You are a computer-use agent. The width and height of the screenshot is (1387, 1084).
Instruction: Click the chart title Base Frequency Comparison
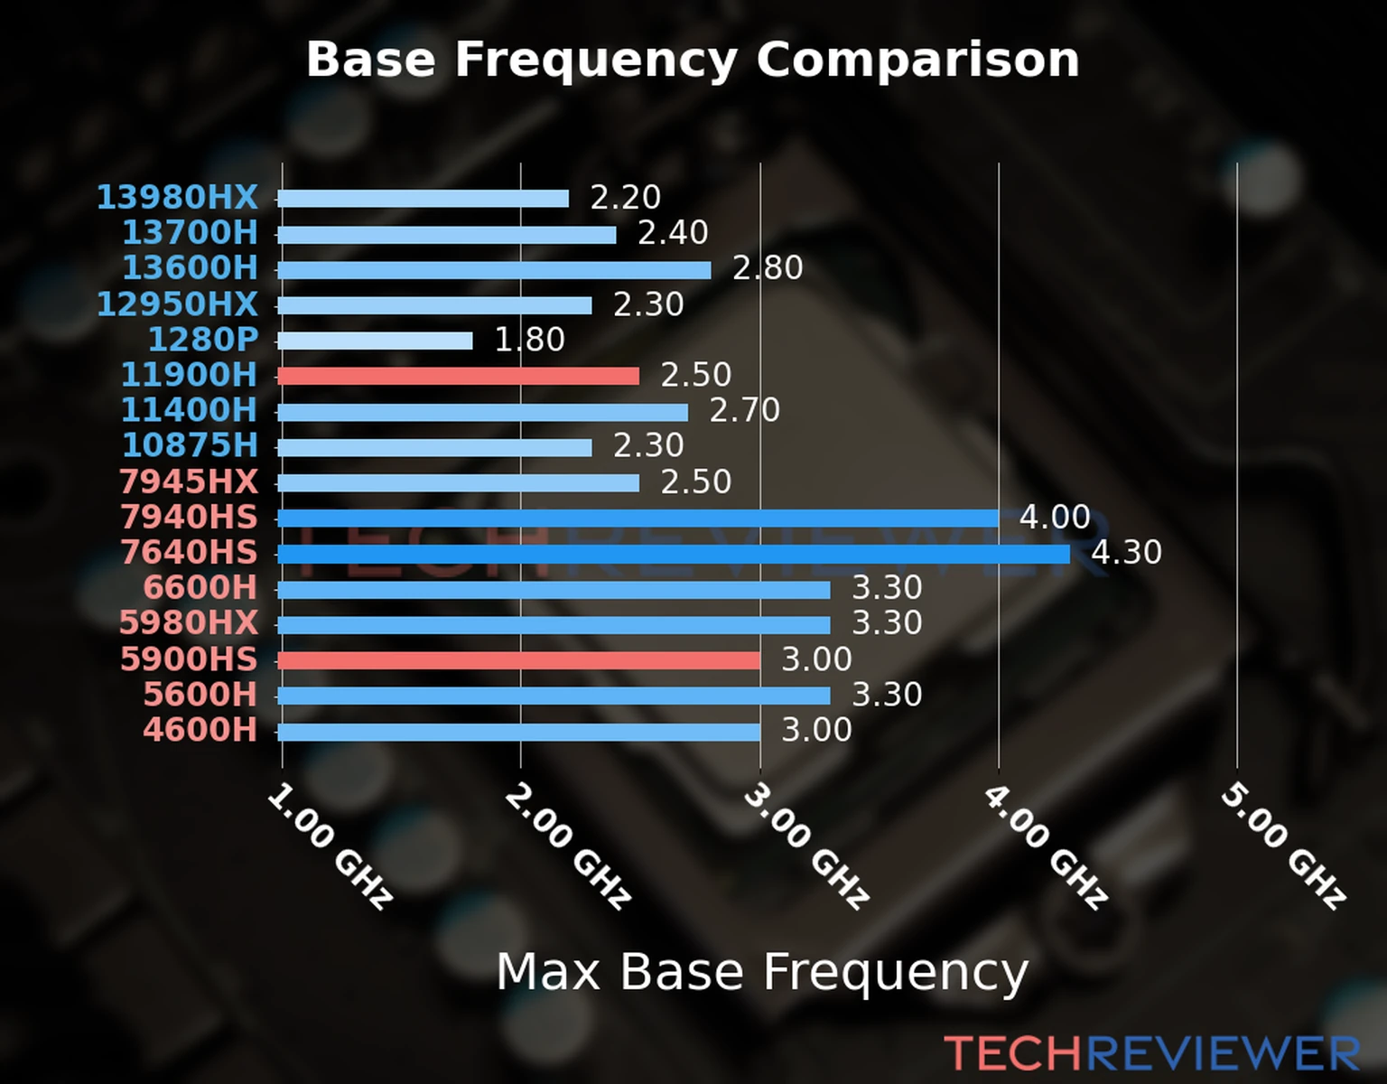(x=693, y=60)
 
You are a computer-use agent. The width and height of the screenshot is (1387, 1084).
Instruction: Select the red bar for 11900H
(x=458, y=376)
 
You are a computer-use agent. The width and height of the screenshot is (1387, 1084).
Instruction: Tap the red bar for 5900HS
(x=518, y=660)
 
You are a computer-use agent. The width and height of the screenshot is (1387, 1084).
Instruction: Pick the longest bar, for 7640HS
(x=673, y=554)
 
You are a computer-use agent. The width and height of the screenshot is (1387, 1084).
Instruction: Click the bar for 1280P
(x=375, y=341)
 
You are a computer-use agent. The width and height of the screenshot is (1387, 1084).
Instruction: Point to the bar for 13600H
(x=494, y=269)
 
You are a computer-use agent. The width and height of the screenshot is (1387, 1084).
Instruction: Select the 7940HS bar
(x=638, y=518)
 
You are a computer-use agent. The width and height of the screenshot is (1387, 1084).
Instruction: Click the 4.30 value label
(x=1126, y=552)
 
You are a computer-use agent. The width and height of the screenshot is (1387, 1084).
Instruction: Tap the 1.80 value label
(x=529, y=340)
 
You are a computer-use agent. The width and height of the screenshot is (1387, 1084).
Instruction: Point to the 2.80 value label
(x=767, y=268)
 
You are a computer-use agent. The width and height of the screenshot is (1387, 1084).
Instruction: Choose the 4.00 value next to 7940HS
(x=1055, y=517)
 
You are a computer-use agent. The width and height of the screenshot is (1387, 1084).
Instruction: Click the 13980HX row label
(x=177, y=197)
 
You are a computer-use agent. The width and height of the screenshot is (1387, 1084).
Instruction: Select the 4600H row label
(x=200, y=730)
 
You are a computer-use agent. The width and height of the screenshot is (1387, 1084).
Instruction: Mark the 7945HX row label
(x=188, y=481)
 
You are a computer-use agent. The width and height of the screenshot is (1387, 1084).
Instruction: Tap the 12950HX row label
(x=177, y=304)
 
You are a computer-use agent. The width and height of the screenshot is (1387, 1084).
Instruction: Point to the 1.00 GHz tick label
(x=330, y=846)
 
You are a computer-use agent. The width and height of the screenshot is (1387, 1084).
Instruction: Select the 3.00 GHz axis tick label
(x=806, y=846)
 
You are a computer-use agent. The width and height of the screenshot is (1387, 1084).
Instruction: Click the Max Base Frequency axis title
(x=762, y=972)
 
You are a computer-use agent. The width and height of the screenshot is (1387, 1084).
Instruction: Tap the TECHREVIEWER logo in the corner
(x=1151, y=1054)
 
